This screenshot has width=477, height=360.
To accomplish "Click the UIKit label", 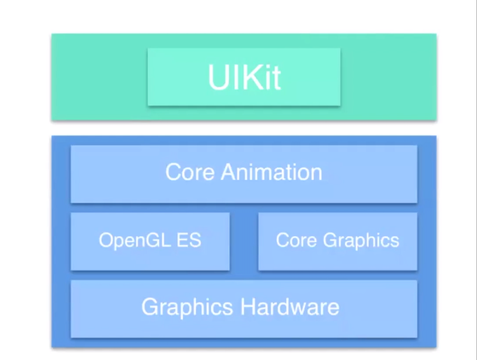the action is tap(244, 77).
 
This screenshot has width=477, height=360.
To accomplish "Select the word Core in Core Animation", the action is tap(190, 172).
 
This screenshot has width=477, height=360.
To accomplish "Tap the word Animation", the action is tap(272, 172).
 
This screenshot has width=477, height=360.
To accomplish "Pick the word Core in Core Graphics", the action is tap(296, 240).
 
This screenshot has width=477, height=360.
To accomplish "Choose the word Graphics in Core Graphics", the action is tap(361, 240).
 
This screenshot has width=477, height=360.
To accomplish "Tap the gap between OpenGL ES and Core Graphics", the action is tap(244, 241).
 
